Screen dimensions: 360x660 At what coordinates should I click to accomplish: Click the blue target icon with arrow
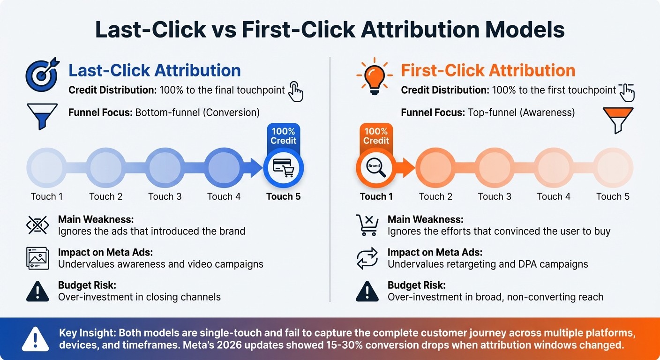[42, 75]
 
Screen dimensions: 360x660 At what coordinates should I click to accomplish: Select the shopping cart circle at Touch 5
[283, 167]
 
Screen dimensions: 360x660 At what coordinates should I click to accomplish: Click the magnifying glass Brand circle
[375, 167]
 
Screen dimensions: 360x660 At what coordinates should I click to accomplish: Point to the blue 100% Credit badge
[283, 136]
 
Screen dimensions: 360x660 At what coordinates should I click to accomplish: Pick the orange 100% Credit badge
[376, 136]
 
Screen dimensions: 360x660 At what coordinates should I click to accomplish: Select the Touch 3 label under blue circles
[165, 196]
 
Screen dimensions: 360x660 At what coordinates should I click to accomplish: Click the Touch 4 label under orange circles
[554, 196]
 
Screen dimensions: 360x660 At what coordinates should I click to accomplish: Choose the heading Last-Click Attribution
[155, 71]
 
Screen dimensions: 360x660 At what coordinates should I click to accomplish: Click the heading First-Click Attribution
[488, 71]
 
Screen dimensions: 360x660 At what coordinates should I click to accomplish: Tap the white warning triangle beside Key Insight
[36, 338]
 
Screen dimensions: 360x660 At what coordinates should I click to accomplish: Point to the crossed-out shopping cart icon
[367, 225]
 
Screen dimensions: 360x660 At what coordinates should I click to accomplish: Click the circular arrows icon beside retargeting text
[367, 258]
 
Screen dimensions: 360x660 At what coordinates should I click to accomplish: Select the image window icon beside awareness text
[37, 258]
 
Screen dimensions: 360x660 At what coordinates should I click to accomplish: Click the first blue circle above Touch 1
[46, 167]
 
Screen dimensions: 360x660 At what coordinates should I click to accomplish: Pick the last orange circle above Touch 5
[613, 167]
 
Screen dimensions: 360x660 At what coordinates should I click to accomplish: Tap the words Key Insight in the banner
[87, 333]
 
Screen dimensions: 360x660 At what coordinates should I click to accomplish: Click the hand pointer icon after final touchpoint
[295, 91]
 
